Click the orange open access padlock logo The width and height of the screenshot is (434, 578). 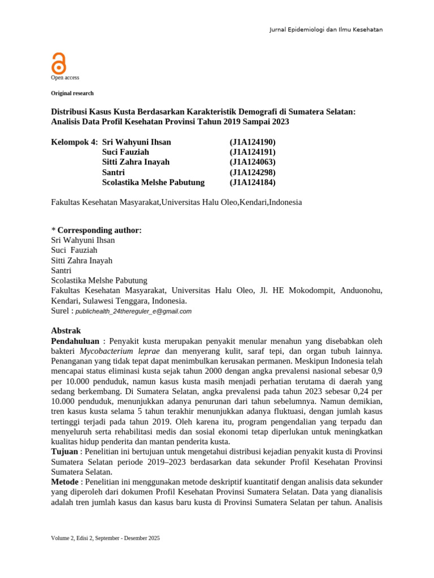point(59,63)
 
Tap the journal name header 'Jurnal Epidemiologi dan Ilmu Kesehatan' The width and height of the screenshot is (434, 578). point(325,29)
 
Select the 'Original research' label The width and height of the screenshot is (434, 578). point(72,93)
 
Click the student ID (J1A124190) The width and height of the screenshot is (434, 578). point(252,142)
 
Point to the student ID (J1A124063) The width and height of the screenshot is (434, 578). point(252,162)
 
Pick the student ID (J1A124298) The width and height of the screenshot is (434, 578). point(252,172)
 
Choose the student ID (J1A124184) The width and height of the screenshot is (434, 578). point(252,182)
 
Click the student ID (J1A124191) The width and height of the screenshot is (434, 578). point(252,152)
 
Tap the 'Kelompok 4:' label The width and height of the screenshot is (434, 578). point(74,142)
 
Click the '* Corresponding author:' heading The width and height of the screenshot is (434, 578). point(96,230)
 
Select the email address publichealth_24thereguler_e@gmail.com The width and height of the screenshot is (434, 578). point(133,311)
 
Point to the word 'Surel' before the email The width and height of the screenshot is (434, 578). point(60,310)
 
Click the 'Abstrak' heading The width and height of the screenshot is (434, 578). point(66,331)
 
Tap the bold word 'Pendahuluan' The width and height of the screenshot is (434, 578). point(75,341)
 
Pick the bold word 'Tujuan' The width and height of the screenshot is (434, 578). point(64,452)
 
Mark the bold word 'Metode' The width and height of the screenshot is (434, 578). point(65,482)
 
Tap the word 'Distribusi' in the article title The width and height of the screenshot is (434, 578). point(71,112)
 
